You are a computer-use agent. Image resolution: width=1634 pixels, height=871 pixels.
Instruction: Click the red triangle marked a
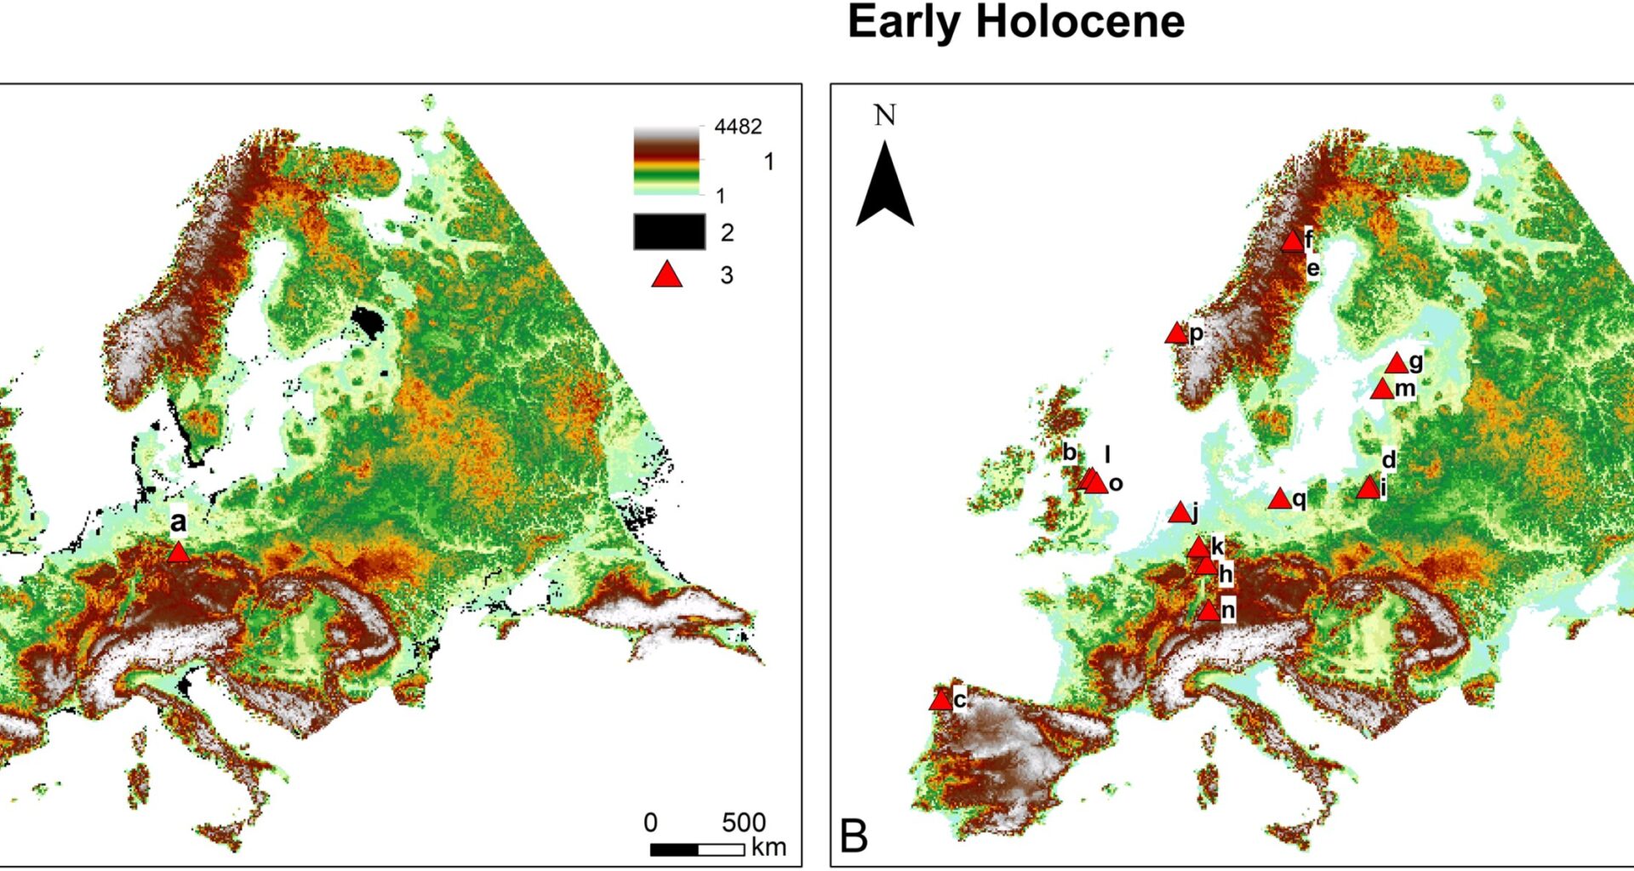pyautogui.click(x=178, y=554)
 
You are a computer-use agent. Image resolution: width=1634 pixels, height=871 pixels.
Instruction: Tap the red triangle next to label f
pyautogui.click(x=1293, y=242)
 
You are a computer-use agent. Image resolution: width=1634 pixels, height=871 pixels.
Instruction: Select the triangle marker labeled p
pyautogui.click(x=1176, y=334)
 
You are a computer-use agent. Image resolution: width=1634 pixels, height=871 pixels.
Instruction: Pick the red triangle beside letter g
pyautogui.click(x=1397, y=365)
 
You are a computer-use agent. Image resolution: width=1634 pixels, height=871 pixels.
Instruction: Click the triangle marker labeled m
pyautogui.click(x=1382, y=390)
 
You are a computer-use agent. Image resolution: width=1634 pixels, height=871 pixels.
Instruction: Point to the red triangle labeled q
pyautogui.click(x=1279, y=500)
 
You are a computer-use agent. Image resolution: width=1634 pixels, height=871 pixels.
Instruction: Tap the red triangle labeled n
pyautogui.click(x=1208, y=612)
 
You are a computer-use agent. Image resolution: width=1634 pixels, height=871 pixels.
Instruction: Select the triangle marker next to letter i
pyautogui.click(x=1368, y=489)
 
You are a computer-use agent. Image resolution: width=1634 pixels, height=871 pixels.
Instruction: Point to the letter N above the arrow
pyautogui.click(x=885, y=116)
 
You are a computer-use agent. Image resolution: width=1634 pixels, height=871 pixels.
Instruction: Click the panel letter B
pyautogui.click(x=854, y=836)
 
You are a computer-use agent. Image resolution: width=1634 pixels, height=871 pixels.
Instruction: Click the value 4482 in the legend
pyautogui.click(x=738, y=127)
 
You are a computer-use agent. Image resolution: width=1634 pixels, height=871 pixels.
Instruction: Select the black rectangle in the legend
pyautogui.click(x=669, y=232)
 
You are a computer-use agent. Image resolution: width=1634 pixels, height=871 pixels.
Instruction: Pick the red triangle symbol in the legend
pyautogui.click(x=667, y=276)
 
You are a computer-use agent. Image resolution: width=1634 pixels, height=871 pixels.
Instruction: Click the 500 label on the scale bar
pyautogui.click(x=744, y=823)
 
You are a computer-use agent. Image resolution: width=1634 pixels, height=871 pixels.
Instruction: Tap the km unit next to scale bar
pyautogui.click(x=768, y=848)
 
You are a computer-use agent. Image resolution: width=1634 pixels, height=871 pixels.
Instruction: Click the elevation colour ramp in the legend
pyautogui.click(x=666, y=162)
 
